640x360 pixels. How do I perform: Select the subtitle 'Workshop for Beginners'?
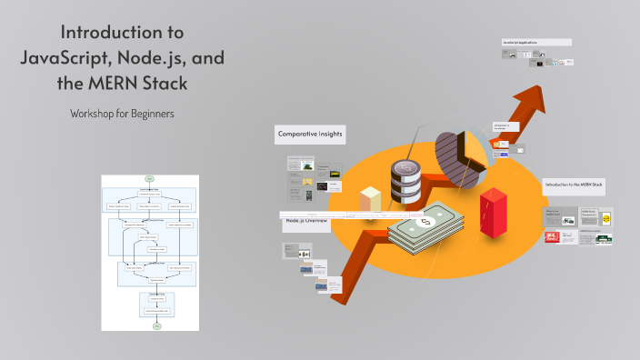pos(122,115)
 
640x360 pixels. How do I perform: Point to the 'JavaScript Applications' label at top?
pos(536,42)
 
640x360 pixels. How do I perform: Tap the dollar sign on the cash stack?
pos(424,222)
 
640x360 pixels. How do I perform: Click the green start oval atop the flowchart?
pos(150,177)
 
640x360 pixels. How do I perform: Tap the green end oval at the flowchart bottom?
pos(156,325)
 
